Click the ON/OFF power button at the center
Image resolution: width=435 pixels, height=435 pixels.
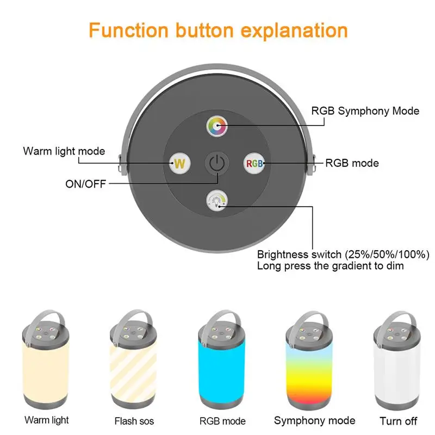[x=217, y=163]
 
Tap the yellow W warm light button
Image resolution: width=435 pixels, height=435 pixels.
[x=180, y=163]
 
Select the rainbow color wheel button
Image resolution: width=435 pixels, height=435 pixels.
[x=217, y=126]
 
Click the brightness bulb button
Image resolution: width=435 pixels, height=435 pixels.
[x=217, y=200]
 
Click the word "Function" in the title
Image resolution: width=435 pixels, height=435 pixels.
[x=128, y=30]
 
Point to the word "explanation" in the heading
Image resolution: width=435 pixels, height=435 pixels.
[x=294, y=31]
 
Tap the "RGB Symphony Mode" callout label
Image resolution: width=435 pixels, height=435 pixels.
[x=365, y=111]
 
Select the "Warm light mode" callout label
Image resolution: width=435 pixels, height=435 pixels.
[x=64, y=151]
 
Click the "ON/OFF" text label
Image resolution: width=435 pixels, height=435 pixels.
[x=86, y=184]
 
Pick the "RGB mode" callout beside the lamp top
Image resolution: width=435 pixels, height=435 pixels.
[x=352, y=163]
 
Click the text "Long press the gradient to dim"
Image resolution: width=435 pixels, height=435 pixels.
[x=330, y=266]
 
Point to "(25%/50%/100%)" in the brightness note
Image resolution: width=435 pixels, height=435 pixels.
[x=387, y=254]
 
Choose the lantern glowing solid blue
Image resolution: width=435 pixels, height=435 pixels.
[x=222, y=360]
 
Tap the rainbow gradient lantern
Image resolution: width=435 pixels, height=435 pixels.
[x=309, y=361]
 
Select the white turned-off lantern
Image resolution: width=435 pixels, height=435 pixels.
[x=397, y=361]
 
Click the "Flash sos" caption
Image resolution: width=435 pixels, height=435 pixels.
[x=134, y=421]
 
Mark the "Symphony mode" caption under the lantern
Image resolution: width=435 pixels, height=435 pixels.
[x=315, y=420]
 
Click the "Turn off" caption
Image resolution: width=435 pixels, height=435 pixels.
[x=398, y=421]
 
